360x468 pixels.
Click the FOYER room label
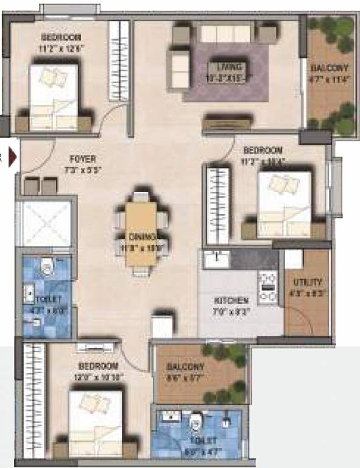[x=83, y=160]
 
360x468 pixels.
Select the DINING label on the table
[x=142, y=236]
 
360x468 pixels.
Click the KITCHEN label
[x=231, y=301]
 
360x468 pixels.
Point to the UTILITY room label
[x=307, y=283]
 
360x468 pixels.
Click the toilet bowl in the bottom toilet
[x=196, y=422]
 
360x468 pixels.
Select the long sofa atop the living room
[x=225, y=33]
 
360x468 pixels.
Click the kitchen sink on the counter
[x=215, y=258]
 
